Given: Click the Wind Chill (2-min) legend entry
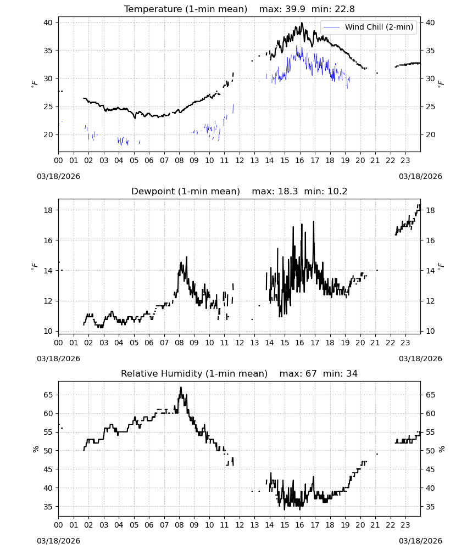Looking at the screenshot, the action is coord(369,27).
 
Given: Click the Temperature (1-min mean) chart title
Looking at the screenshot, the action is coord(186,9).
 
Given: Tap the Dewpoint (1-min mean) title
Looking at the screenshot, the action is coord(186,191).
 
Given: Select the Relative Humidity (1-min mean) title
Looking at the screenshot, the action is coord(194,373).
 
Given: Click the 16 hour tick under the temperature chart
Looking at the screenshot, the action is coord(299,160).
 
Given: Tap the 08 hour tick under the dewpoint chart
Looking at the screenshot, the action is coord(179,343).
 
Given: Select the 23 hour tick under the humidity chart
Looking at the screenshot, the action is coord(405,525).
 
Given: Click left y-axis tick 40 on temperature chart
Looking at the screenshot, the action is coord(48,23).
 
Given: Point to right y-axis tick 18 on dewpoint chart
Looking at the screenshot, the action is coord(430,210).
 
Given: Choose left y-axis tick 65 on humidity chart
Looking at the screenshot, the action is coord(48,395).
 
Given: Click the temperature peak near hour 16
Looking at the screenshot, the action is coord(302,23).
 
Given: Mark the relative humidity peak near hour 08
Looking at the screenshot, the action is coord(181,387).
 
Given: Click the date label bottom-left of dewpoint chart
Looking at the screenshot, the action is coord(58,358).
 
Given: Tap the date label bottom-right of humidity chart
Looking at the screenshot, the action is coord(420,541).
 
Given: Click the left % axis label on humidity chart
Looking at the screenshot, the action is coord(35,449).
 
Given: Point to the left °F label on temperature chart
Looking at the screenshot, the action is coord(34,83).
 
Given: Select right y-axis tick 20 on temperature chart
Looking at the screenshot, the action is coord(430,135).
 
